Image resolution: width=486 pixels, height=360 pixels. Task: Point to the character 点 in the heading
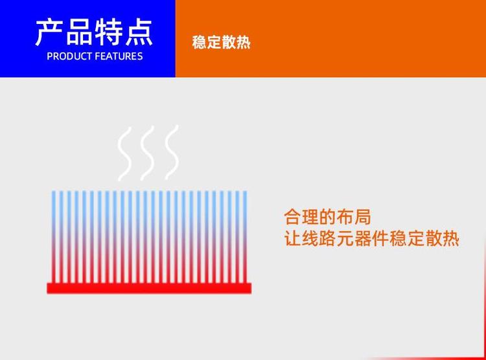click(x=138, y=32)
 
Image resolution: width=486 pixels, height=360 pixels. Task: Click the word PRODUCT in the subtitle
click(x=69, y=56)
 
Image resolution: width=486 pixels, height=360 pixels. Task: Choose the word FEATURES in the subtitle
click(x=119, y=56)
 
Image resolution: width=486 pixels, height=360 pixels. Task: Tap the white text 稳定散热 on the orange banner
click(x=221, y=43)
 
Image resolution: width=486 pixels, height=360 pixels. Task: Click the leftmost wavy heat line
click(x=124, y=153)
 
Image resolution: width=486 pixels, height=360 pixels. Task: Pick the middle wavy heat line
click(x=148, y=153)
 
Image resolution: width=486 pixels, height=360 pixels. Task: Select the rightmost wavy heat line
click(x=172, y=152)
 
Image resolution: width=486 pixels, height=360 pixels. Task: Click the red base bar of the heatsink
click(x=149, y=288)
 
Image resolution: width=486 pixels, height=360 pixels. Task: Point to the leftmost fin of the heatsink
click(x=54, y=237)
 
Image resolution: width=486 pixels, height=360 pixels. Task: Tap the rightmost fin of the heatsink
click(x=245, y=237)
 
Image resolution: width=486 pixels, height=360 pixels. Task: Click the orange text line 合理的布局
click(x=327, y=216)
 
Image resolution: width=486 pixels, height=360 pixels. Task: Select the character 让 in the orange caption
click(x=292, y=238)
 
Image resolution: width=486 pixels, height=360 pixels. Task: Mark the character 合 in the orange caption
click(x=292, y=216)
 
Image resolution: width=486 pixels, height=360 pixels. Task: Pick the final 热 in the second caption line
click(x=450, y=238)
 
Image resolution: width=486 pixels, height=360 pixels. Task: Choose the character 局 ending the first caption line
click(x=363, y=216)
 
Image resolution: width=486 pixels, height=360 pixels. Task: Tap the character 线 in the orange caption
click(x=310, y=238)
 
